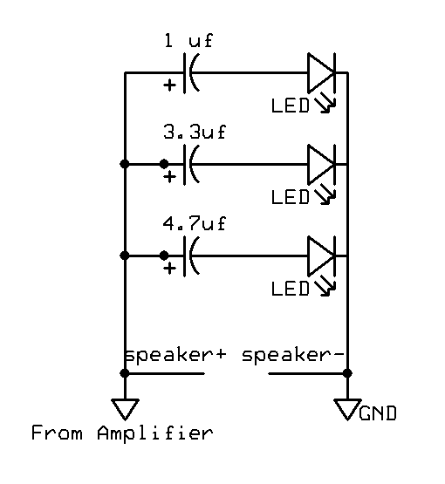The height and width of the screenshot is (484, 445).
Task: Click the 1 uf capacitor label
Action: coord(188,40)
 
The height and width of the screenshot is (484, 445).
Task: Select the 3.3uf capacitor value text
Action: coord(194,133)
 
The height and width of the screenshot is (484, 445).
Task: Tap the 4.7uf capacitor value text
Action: coord(194,224)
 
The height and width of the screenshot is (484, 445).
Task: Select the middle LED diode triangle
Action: coord(322,163)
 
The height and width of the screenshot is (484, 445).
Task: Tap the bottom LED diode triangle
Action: coord(322,256)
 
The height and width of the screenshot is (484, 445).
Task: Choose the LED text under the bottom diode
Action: coord(291,288)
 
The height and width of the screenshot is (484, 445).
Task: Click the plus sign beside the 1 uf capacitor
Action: coord(169,86)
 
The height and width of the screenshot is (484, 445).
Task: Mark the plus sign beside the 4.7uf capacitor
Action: coord(169,269)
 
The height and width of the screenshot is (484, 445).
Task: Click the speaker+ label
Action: coord(175,356)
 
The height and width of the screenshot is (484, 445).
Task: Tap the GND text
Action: coord(377,412)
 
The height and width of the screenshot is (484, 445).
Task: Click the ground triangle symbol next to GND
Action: coord(347,407)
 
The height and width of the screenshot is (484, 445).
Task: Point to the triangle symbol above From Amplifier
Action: coord(126,407)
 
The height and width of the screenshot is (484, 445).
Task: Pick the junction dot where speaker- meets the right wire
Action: coord(348,373)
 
